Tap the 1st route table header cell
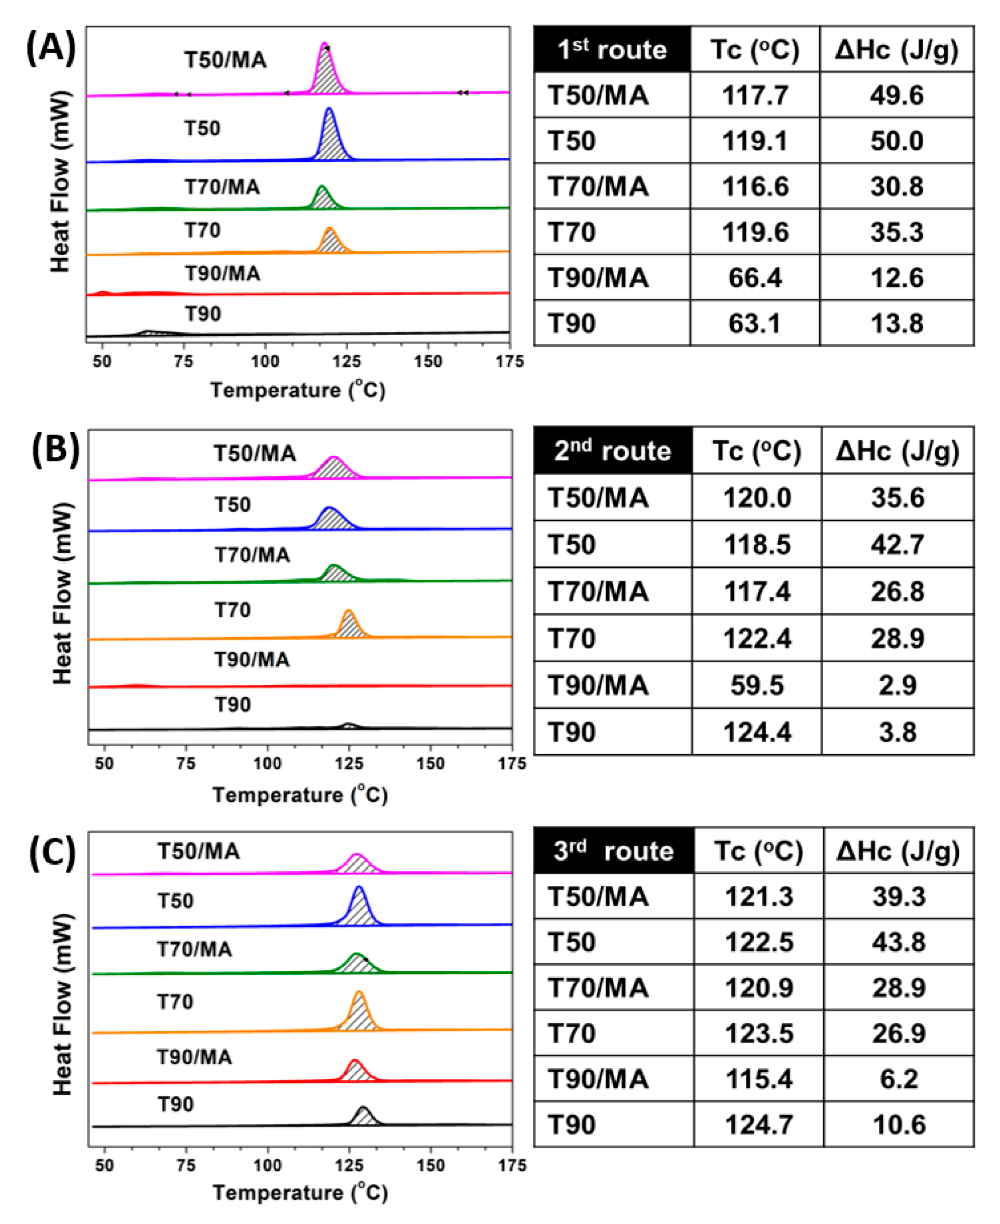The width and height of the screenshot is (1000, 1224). [612, 50]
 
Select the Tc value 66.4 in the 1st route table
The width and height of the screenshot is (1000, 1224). [754, 278]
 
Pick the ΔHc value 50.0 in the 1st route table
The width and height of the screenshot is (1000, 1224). [897, 141]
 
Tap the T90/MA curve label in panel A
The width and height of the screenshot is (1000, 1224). [223, 273]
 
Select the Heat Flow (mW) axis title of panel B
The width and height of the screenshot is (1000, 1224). [62, 593]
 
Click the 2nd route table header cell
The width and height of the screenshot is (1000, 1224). [612, 451]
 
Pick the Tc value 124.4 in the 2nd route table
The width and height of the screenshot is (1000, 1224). [757, 732]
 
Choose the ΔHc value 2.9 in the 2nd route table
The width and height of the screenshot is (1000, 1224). [898, 685]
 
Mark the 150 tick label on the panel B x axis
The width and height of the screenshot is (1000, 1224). [430, 764]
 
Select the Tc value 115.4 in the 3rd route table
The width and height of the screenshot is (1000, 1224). [758, 1079]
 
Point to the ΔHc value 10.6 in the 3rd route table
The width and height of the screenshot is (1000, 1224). [899, 1125]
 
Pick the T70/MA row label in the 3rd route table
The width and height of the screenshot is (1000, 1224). [598, 988]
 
